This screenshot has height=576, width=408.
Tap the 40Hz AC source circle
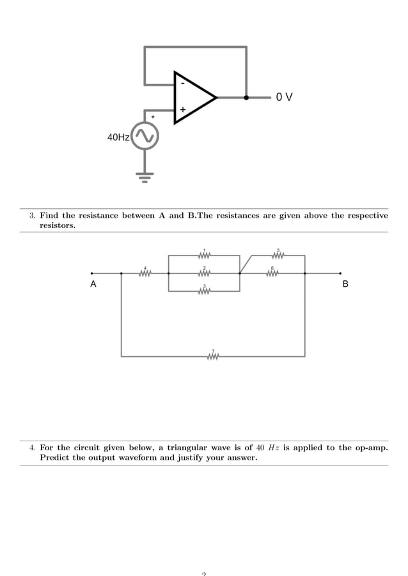(x=145, y=136)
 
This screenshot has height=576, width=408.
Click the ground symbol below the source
(x=145, y=176)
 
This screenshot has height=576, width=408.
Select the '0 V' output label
(x=285, y=98)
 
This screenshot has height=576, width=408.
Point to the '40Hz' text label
(x=118, y=137)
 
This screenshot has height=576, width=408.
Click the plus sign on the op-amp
(x=183, y=110)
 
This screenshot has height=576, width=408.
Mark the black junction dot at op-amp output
(x=246, y=98)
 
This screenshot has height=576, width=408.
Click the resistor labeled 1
(x=205, y=255)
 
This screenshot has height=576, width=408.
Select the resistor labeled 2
(x=205, y=273)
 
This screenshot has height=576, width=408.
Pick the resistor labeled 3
(x=205, y=291)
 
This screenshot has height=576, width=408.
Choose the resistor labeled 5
(x=278, y=255)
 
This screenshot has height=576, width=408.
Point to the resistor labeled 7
(x=214, y=356)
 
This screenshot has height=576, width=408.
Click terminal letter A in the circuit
(x=93, y=284)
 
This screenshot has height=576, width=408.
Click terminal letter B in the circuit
(x=345, y=284)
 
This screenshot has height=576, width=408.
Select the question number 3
(x=32, y=216)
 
